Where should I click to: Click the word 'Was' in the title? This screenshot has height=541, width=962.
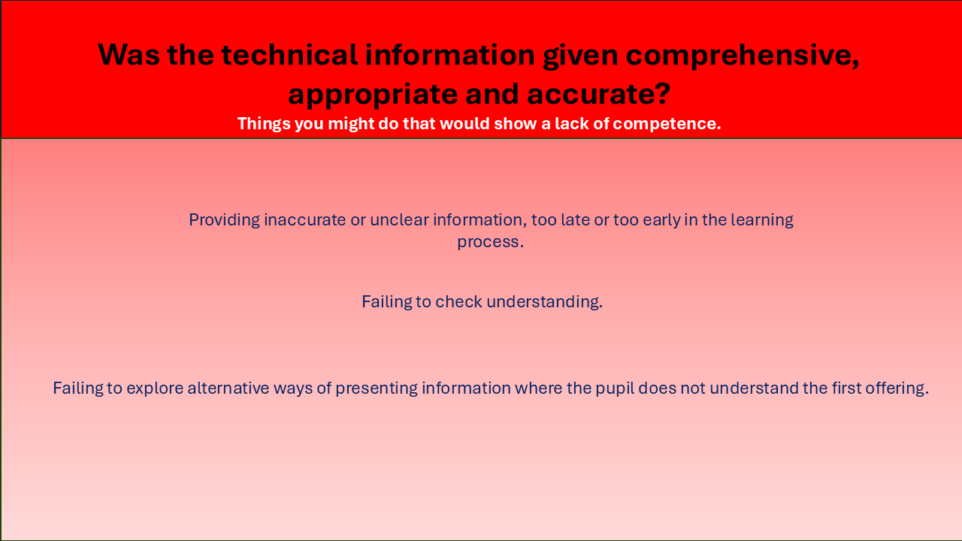pos(129,55)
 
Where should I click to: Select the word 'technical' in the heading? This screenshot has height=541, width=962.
pos(289,55)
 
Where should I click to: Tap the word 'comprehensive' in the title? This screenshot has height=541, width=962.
pos(739,56)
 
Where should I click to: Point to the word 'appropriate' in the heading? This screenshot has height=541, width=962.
pos(373,95)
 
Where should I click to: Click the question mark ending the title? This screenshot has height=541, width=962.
pos(663,93)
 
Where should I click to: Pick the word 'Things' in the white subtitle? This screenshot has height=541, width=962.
pos(263,124)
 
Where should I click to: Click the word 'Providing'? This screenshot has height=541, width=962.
pos(224,220)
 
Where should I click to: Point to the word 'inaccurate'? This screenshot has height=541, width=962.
pos(305,220)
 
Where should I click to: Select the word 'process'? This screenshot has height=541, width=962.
pos(488,242)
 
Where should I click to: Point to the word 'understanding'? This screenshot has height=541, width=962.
pos(543,302)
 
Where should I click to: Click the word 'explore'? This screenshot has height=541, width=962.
pos(155,388)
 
